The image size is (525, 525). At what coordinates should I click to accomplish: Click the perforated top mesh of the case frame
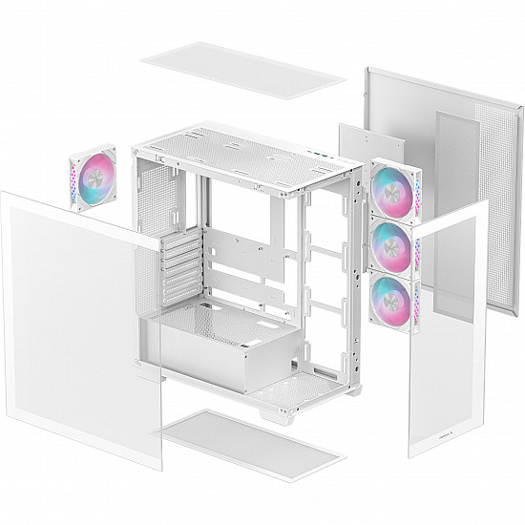239,143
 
